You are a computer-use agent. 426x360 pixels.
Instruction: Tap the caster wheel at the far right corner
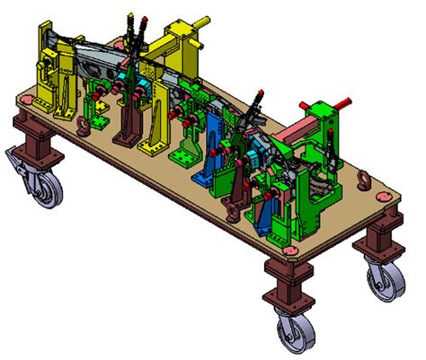pos(386,282)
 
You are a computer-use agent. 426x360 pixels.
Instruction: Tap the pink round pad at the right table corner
pos(388,214)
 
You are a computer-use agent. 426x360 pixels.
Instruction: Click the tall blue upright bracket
pos(216,148)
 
